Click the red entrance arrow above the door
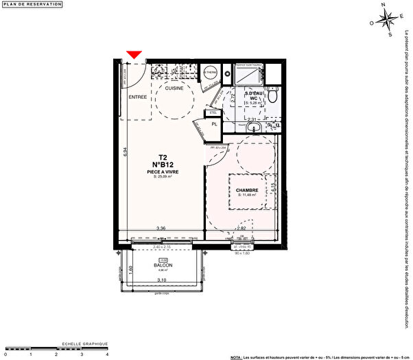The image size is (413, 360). pyautogui.click(x=134, y=54)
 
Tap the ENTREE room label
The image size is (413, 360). pyautogui.click(x=139, y=98)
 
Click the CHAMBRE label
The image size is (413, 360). pyautogui.click(x=246, y=190)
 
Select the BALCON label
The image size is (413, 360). pyautogui.click(x=163, y=265)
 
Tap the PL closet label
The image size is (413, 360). pyautogui.click(x=214, y=124)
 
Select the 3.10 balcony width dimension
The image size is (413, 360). pyautogui.click(x=163, y=280)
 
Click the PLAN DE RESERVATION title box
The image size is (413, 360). pyautogui.click(x=32, y=5)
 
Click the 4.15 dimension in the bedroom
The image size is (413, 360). pyautogui.click(x=273, y=186)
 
